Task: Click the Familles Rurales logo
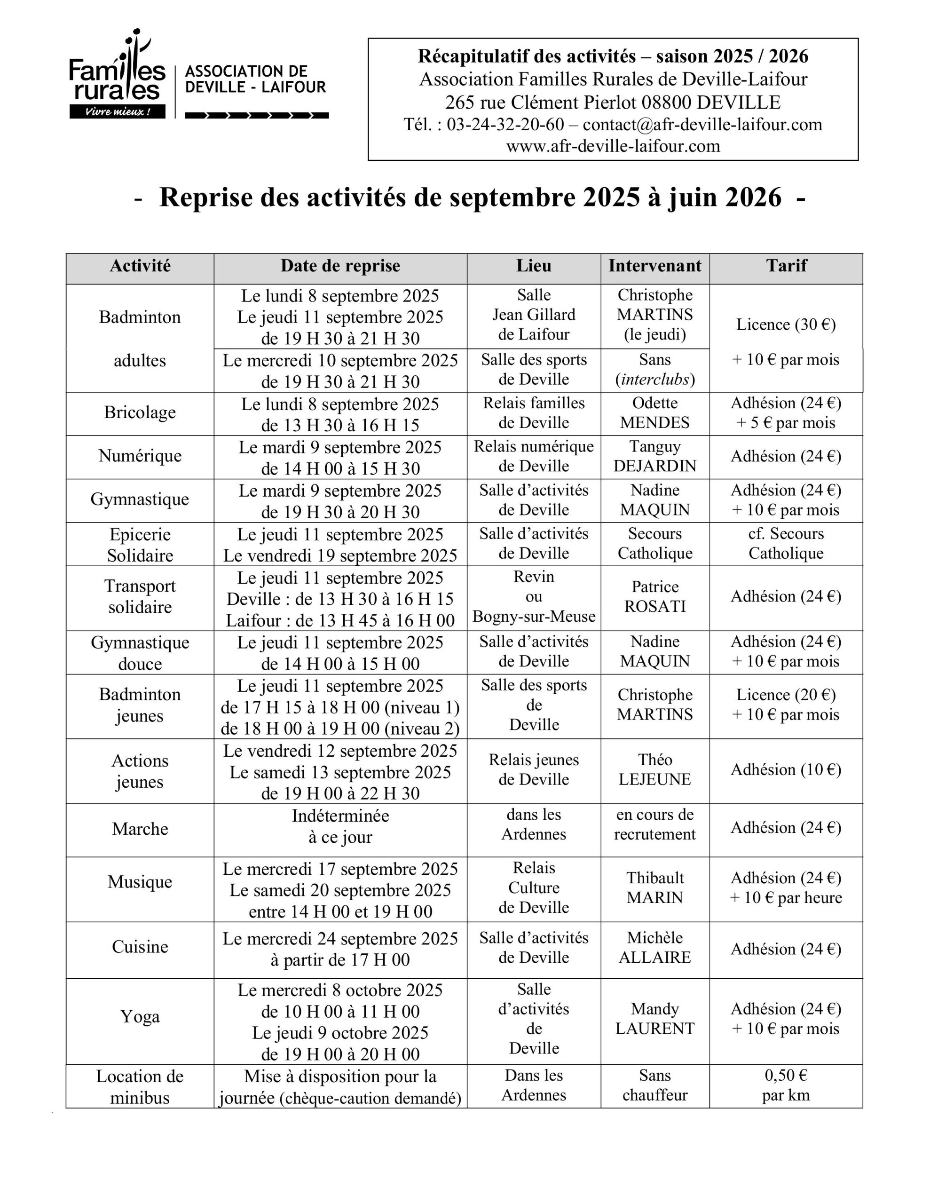coord(117,74)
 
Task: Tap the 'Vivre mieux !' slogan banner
coord(117,112)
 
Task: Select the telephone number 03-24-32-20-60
coord(505,125)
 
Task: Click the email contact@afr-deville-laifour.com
coord(702,125)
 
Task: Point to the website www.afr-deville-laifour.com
coord(613,146)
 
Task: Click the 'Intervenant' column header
coord(654,266)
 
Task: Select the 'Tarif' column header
coord(786,266)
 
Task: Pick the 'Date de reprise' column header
coord(340,266)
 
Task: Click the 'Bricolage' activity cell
coord(140,412)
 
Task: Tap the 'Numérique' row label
coord(140,456)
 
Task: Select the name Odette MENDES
coord(654,413)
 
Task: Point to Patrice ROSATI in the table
coord(654,596)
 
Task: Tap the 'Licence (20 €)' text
coord(786,695)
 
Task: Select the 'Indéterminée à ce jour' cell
coord(340,826)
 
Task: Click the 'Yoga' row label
coord(140,1016)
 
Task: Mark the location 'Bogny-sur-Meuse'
coord(534,616)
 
